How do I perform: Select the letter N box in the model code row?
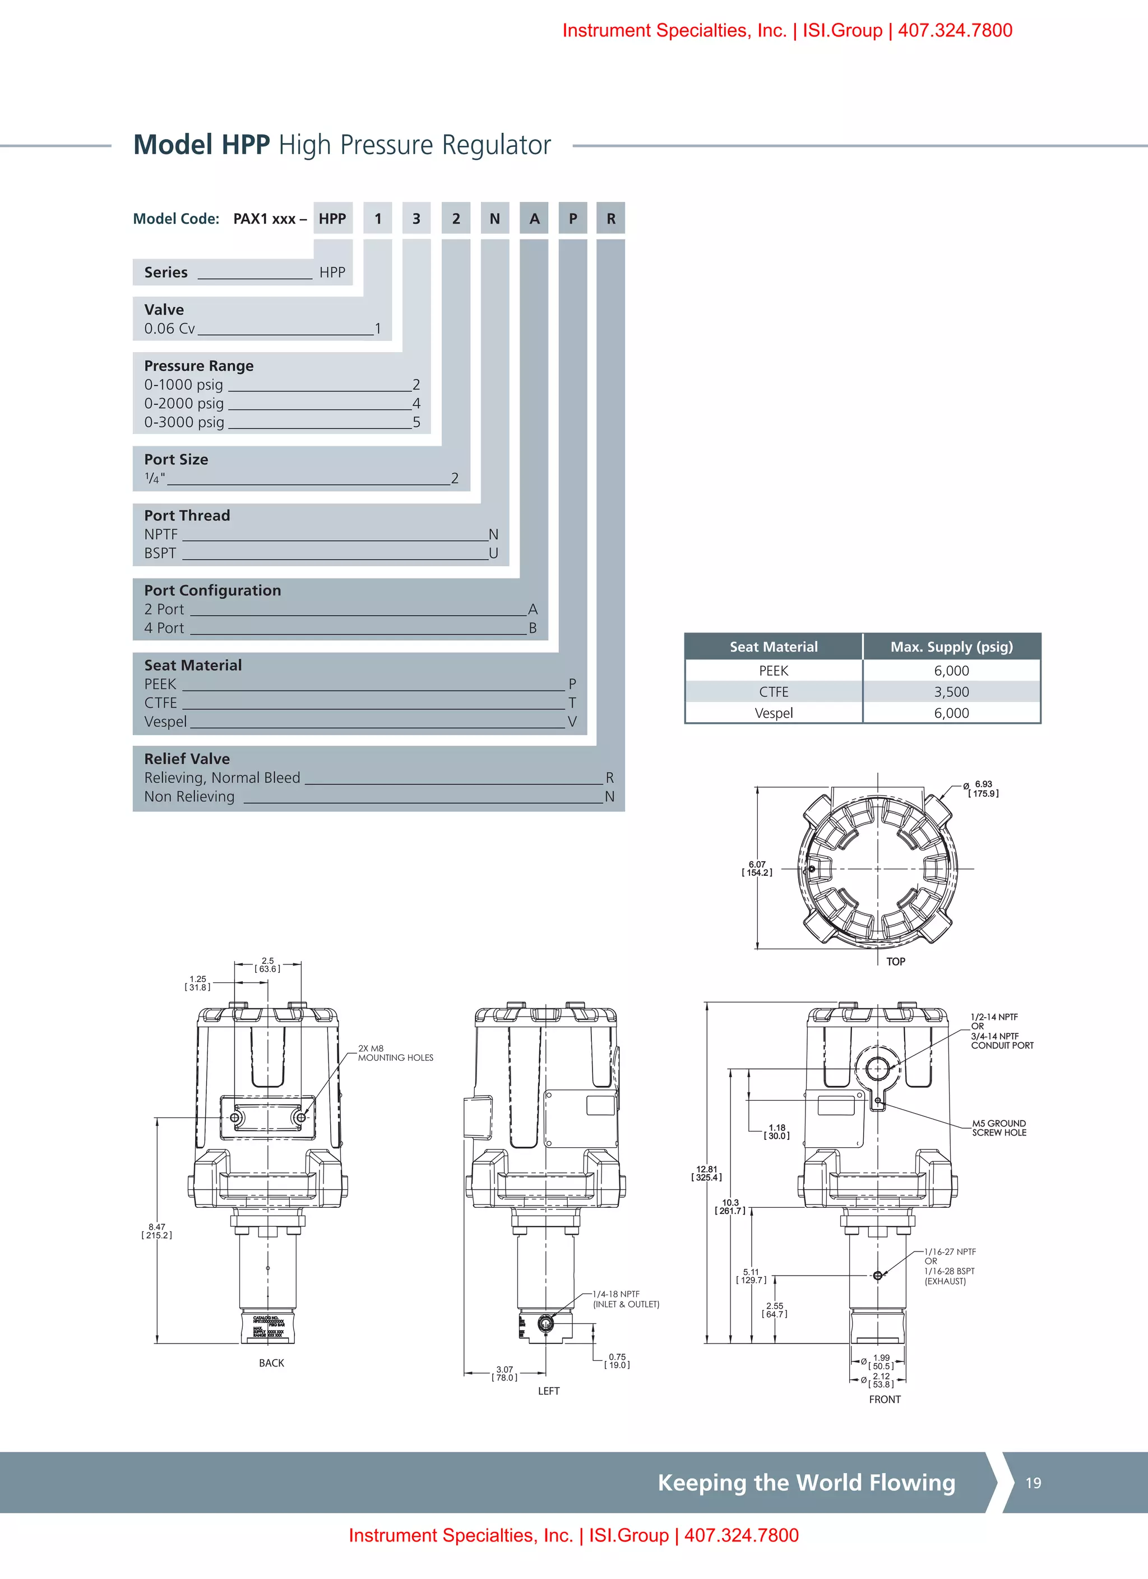point(495,219)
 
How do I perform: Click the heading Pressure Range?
point(198,366)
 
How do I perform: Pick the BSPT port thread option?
point(160,553)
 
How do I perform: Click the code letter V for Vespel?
point(572,721)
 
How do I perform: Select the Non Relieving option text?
point(189,796)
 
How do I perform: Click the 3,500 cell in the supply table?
point(951,692)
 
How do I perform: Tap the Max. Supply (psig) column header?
point(951,647)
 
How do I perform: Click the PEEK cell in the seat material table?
point(774,671)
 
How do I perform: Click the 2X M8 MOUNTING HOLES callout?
point(395,1052)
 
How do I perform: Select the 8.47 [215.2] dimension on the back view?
point(156,1231)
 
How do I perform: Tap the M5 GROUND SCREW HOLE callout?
point(999,1128)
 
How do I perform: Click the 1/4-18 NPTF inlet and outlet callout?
point(625,1299)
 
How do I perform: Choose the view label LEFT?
point(549,1391)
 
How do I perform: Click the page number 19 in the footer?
point(1033,1483)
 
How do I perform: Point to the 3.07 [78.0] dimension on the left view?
point(504,1373)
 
